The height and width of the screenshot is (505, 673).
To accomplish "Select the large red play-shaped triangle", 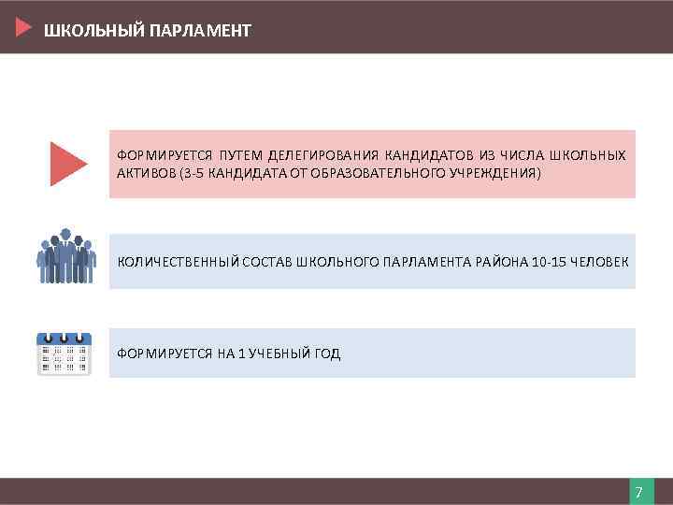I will click(x=67, y=164).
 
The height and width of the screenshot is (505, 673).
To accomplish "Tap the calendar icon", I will click(x=64, y=353).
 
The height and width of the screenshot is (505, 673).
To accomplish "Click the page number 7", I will click(x=638, y=492).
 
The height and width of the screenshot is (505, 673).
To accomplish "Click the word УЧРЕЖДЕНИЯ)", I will click(x=496, y=174).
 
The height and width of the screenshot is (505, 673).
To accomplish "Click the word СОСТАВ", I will click(x=266, y=261).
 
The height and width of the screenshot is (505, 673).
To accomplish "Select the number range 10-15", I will click(x=549, y=261).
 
